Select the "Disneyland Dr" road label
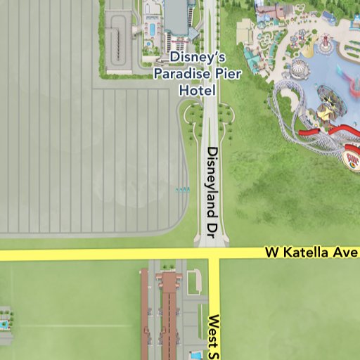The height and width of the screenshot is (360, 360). point(214,189)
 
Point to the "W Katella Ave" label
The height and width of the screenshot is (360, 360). point(312,252)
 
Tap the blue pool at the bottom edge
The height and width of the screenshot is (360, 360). point(196,356)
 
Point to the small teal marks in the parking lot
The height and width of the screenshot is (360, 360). point(181,189)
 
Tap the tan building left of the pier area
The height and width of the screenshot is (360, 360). point(245,32)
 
